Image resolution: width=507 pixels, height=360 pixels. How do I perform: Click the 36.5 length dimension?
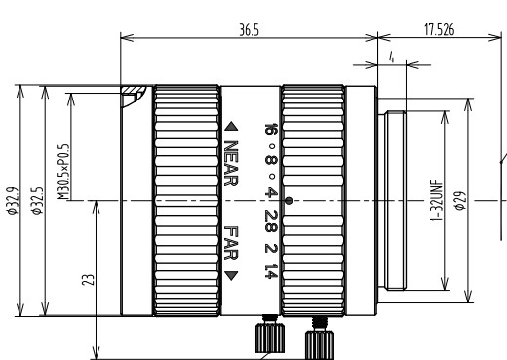[250, 30]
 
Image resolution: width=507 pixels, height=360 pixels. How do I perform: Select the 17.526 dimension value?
[439, 30]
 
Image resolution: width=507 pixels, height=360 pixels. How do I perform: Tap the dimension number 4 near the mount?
[392, 58]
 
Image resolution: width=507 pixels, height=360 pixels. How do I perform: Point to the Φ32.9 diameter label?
[12, 201]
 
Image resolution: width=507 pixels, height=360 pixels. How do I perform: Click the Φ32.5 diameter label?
[37, 201]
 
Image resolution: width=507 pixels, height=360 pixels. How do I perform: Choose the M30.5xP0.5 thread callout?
[62, 172]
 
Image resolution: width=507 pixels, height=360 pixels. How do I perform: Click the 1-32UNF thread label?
[437, 201]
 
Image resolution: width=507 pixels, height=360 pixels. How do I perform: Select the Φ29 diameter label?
[460, 201]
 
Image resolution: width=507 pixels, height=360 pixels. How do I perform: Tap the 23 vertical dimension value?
[88, 280]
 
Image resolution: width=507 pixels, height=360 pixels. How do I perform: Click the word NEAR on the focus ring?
[231, 164]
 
